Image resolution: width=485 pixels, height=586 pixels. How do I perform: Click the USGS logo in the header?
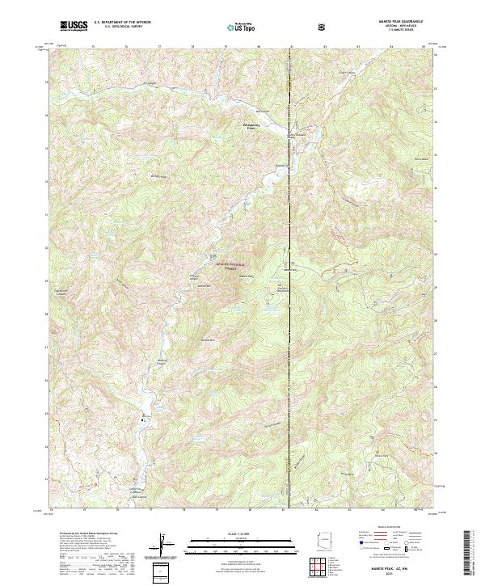click(x=74, y=26)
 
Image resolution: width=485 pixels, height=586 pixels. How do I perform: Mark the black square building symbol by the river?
click(x=144, y=419)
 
